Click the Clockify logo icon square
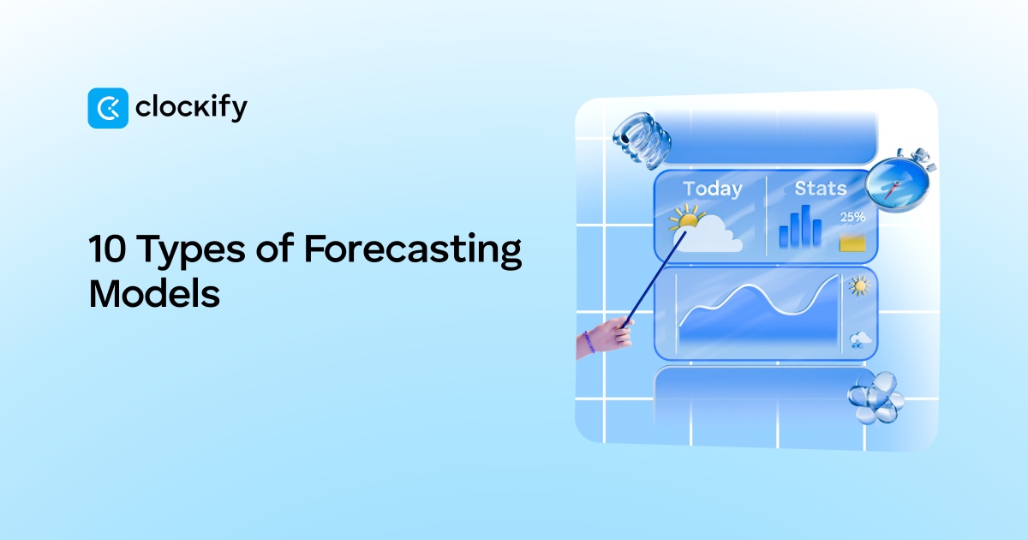[108, 108]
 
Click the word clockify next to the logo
[191, 108]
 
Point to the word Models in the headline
[154, 293]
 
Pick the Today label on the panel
[712, 189]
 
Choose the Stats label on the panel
[820, 188]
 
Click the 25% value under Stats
[852, 218]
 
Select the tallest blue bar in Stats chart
[805, 226]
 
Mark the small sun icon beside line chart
[858, 286]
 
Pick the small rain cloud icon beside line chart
[859, 341]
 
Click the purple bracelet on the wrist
[589, 342]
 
